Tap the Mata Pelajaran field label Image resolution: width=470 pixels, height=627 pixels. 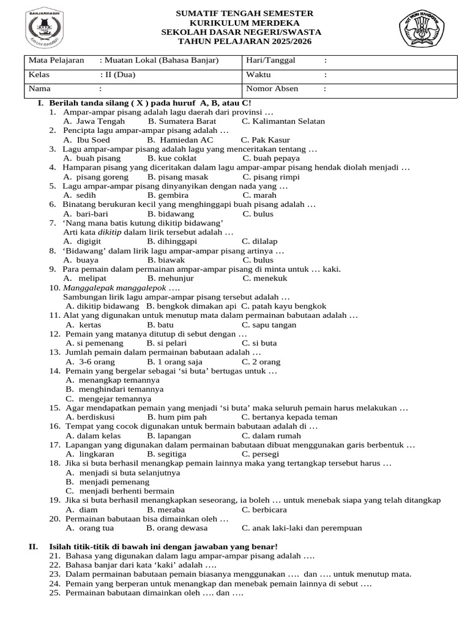[55, 60]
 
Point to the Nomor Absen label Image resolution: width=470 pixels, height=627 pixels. [272, 89]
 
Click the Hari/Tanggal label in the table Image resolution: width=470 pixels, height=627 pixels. [270, 60]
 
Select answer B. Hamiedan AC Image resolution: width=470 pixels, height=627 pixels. [181, 140]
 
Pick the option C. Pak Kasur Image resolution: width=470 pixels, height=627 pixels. [265, 140]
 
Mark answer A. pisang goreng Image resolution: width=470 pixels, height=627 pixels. [94, 177]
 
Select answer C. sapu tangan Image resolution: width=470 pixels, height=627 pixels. [269, 325]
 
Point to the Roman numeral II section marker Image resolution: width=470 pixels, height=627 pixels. [34, 546]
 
